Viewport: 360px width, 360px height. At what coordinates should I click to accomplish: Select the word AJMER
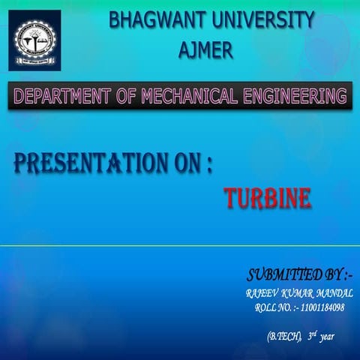[206, 50]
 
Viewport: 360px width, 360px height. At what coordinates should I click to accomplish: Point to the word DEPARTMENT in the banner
[62, 96]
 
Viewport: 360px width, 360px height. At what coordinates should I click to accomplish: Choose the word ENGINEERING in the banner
[299, 96]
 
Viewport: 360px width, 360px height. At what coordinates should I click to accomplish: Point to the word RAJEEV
[262, 292]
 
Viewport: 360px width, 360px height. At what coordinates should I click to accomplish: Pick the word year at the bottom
[326, 337]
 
